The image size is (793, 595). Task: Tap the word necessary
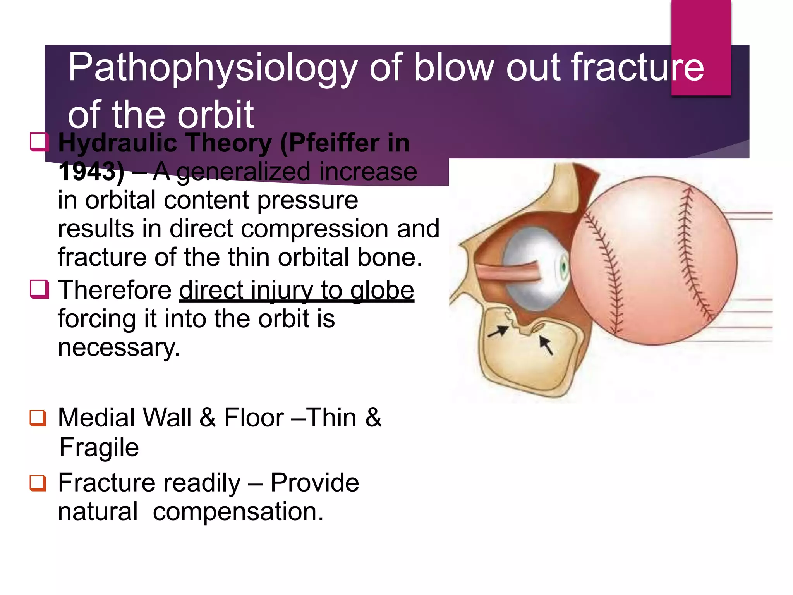pyautogui.click(x=118, y=347)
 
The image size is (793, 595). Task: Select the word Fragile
pyautogui.click(x=99, y=447)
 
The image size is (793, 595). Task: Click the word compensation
pyautogui.click(x=238, y=512)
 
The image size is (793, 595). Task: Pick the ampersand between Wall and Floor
pyautogui.click(x=208, y=418)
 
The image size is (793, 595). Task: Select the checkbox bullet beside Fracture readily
pyautogui.click(x=38, y=483)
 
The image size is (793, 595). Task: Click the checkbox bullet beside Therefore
pyautogui.click(x=39, y=289)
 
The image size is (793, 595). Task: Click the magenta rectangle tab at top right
pyautogui.click(x=701, y=46)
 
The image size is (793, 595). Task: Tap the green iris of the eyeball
pyautogui.click(x=564, y=267)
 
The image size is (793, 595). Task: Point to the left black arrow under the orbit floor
pyautogui.click(x=498, y=331)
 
